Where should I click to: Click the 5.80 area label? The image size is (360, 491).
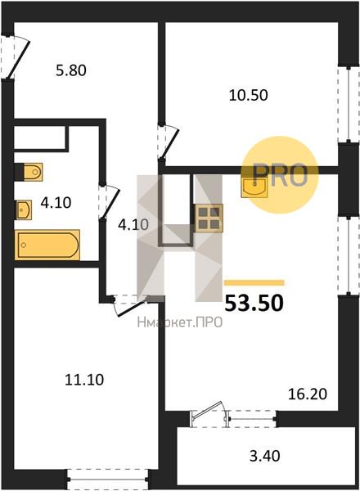click(71, 70)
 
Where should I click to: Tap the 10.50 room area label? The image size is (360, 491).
click(248, 95)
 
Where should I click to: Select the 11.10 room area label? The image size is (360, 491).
click(84, 380)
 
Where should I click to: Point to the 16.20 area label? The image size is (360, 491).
click(308, 394)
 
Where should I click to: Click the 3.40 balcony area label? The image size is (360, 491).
click(265, 456)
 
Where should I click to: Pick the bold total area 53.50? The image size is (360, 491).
click(254, 304)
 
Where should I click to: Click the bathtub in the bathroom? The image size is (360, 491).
click(47, 245)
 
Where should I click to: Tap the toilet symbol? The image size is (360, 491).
click(29, 172)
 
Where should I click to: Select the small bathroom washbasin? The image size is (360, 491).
click(24, 209)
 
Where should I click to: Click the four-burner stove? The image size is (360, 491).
click(209, 218)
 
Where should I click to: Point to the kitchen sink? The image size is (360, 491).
click(254, 187)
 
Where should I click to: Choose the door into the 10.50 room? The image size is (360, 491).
click(169, 142)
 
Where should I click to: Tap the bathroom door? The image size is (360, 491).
click(109, 202)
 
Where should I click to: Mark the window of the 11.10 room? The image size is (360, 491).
click(108, 479)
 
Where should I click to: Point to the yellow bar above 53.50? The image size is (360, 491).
click(254, 283)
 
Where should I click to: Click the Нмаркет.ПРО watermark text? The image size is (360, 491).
click(180, 322)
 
